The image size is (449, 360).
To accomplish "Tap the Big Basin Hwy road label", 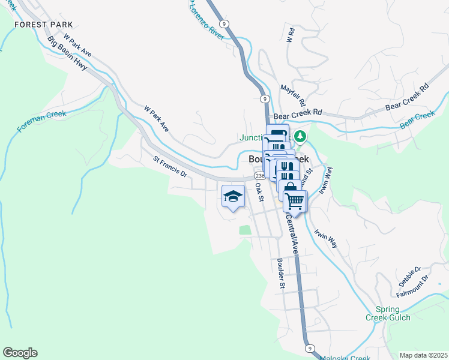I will tap(67, 54).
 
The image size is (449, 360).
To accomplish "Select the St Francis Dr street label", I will tap(170, 167).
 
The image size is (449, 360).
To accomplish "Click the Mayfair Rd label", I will tap(293, 95).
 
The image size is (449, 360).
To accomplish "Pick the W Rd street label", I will tap(290, 35).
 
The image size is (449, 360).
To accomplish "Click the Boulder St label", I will tap(280, 273).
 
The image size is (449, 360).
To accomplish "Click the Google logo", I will tap(20, 353).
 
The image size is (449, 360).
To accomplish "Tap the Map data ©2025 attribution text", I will tap(423, 355).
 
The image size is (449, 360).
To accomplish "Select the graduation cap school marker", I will tap(234, 196).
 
